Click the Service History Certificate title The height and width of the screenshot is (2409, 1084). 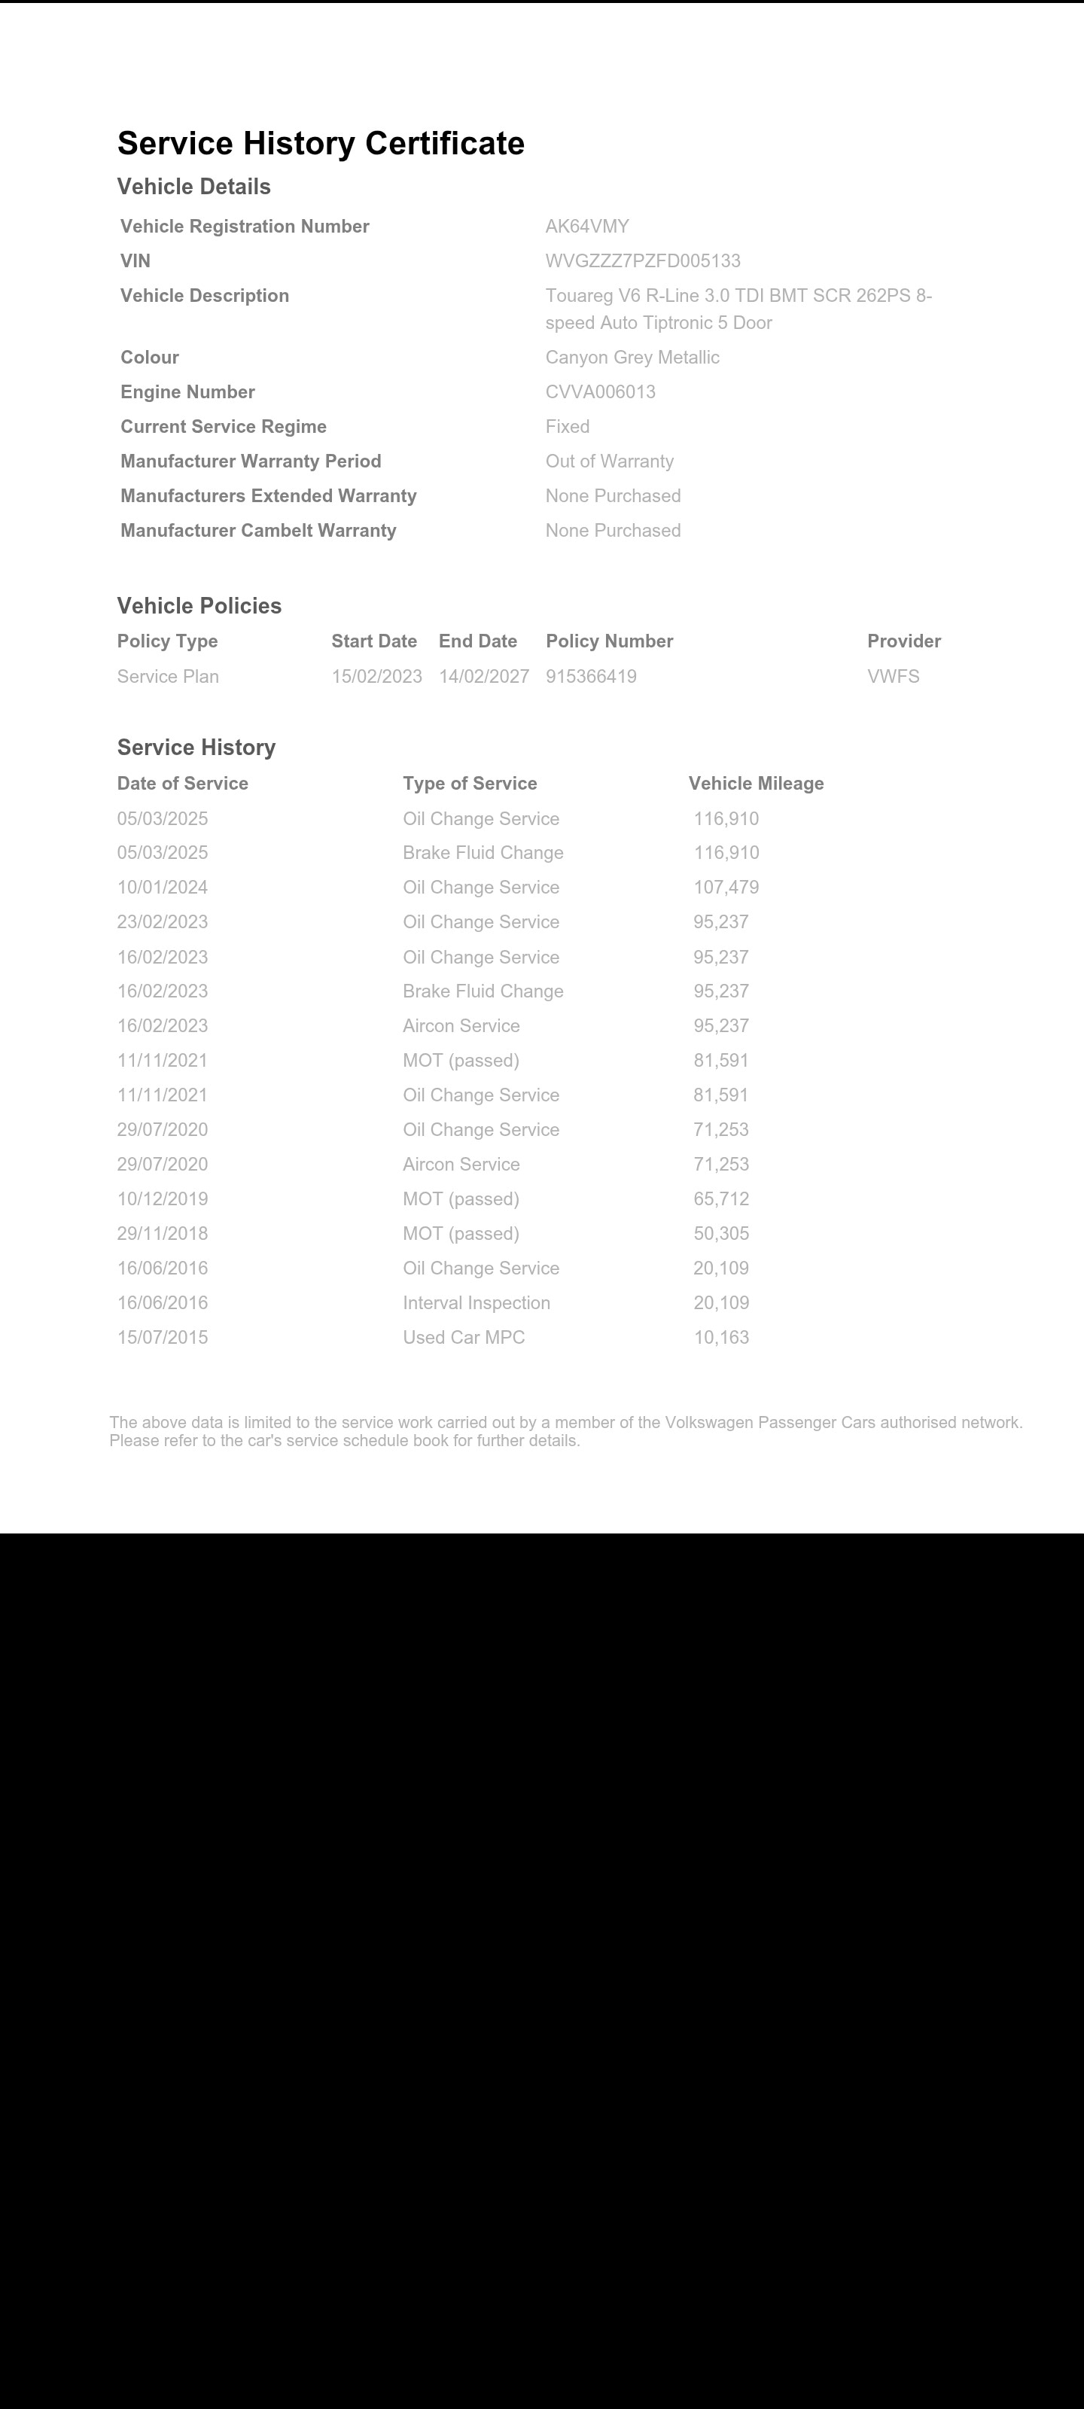(x=321, y=144)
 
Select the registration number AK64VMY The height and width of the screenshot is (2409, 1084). (x=587, y=227)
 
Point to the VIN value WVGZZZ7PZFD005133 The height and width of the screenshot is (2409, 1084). (x=643, y=261)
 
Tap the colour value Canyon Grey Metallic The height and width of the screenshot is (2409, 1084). (x=632, y=358)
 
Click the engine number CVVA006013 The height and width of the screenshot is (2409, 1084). (x=601, y=391)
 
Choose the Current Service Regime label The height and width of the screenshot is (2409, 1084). (x=224, y=426)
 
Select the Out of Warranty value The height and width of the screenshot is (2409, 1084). (x=610, y=461)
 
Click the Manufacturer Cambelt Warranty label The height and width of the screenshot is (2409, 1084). (x=258, y=530)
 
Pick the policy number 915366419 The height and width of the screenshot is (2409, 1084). (x=591, y=676)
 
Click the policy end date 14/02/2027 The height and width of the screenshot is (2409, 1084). (x=483, y=676)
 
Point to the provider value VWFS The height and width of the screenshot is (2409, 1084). (x=894, y=676)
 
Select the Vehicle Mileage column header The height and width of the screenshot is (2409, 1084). (x=756, y=784)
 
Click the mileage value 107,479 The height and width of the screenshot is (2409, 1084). (x=726, y=888)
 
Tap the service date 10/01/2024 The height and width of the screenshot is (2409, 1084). (x=163, y=888)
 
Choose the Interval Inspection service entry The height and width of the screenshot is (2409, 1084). (x=476, y=1302)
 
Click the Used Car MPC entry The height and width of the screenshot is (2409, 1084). (x=464, y=1337)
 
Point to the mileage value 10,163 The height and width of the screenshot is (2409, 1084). (x=721, y=1337)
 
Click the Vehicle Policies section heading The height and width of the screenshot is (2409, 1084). (x=199, y=606)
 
